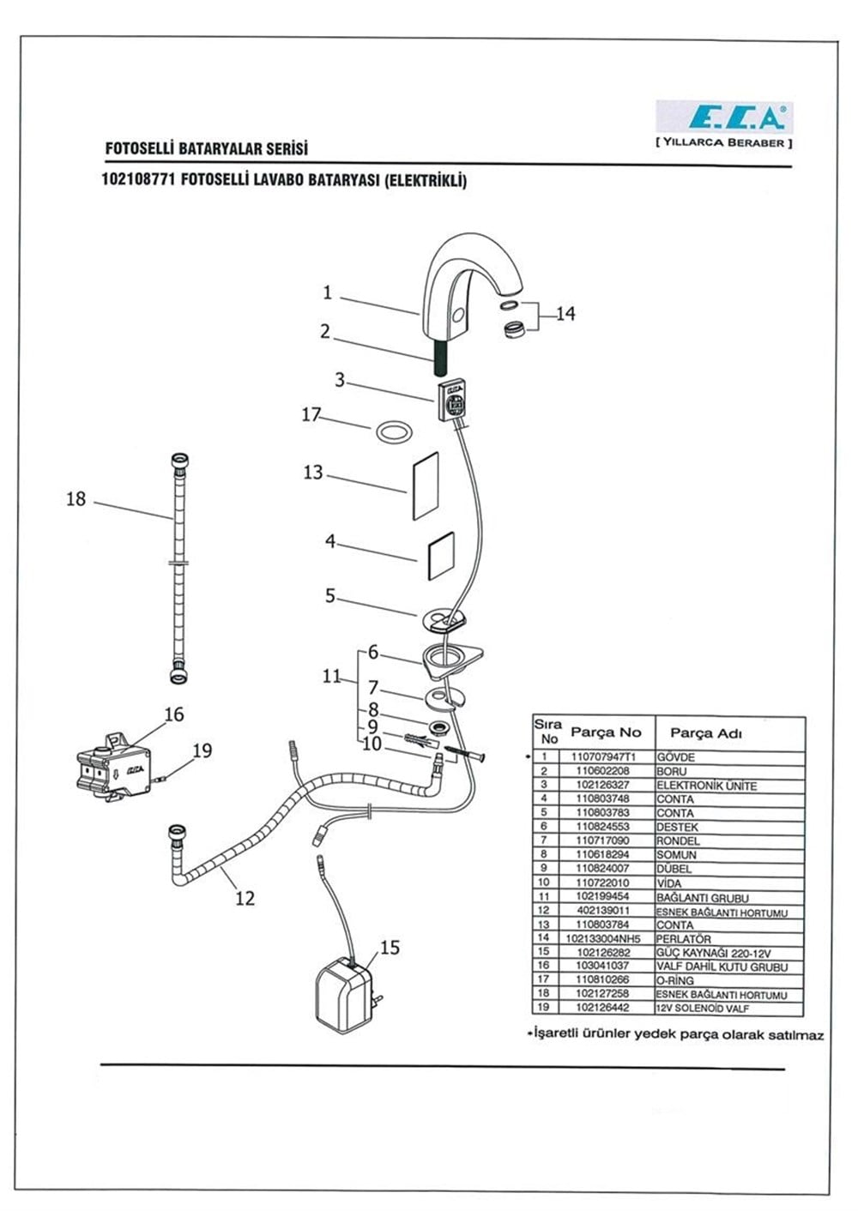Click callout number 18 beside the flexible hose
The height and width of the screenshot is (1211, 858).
tap(76, 498)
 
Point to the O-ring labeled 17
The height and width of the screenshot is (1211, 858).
tap(393, 433)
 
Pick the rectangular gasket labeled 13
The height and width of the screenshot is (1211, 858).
tap(426, 485)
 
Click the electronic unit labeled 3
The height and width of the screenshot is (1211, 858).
tap(452, 400)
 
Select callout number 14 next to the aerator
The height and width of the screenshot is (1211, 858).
tap(566, 314)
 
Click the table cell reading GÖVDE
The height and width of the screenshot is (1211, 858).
tap(676, 757)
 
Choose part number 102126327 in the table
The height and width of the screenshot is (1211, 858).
tap(603, 785)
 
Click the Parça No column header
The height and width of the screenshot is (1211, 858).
tap(606, 732)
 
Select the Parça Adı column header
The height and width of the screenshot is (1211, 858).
tap(706, 733)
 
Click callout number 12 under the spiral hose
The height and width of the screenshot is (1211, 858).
tap(245, 898)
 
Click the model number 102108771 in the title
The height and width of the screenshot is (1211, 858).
tap(138, 179)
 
